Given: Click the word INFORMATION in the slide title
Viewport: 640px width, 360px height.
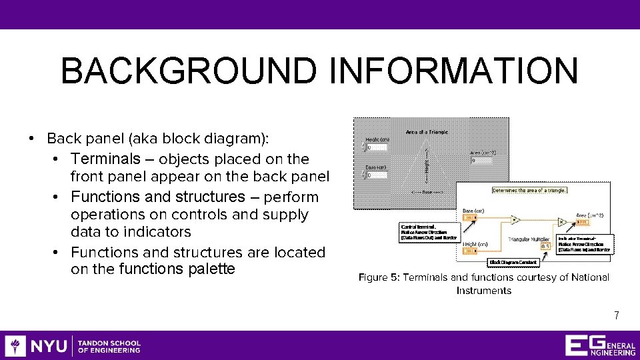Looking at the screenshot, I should [x=453, y=71].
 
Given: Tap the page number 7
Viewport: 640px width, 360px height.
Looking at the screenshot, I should [x=617, y=316].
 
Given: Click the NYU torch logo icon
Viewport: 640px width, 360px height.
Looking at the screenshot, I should [x=15, y=346].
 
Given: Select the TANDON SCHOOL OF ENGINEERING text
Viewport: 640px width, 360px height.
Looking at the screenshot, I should [x=109, y=346].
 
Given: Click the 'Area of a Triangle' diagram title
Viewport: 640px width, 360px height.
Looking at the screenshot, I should [x=427, y=132].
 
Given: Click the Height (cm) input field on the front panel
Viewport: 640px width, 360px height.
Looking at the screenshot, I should [x=379, y=147].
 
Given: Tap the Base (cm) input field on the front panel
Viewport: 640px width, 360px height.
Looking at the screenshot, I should [x=379, y=175].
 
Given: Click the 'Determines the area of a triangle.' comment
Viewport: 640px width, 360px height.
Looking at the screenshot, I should [x=529, y=190].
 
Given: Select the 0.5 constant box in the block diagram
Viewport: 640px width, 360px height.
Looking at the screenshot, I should [x=545, y=246].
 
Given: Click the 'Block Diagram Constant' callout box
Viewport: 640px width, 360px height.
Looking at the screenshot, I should [x=513, y=263].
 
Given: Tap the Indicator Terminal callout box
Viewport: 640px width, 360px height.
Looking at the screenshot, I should [x=585, y=244].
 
